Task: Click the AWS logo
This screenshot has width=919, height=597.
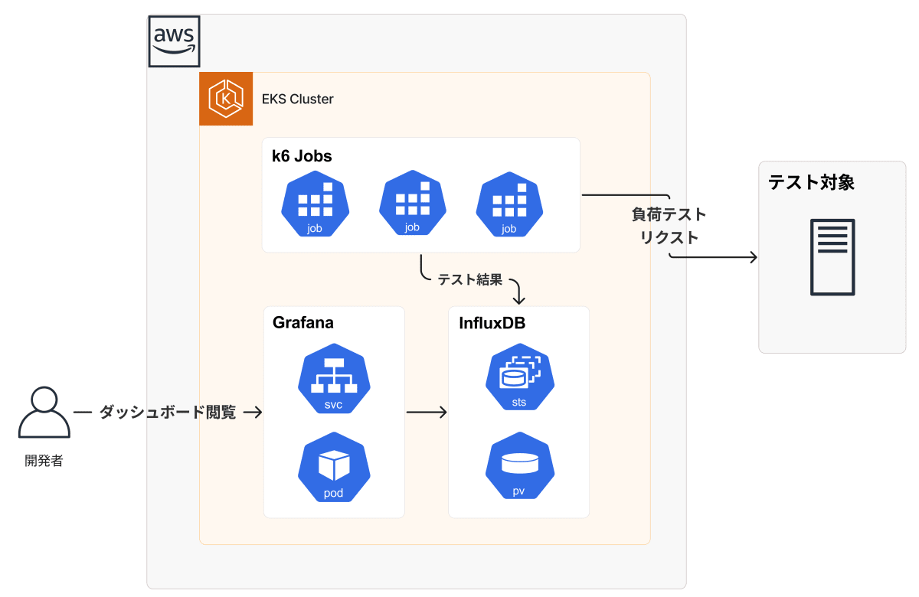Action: (174, 41)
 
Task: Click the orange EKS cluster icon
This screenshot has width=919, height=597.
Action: (226, 99)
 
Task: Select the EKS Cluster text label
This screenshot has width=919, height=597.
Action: (298, 99)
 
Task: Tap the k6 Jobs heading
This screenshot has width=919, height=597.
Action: (302, 156)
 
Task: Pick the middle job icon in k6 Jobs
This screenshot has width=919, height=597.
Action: (412, 203)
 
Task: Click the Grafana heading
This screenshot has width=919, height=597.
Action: (303, 323)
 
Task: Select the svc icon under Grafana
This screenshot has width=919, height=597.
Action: (333, 380)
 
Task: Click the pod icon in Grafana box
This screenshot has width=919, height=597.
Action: (333, 468)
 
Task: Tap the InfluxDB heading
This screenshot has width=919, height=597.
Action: (492, 323)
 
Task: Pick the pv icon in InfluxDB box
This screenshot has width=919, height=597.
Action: (518, 468)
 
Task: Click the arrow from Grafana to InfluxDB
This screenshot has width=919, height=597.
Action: (427, 413)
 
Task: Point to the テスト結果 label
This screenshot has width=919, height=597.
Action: (470, 280)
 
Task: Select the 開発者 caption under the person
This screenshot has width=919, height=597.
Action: (44, 461)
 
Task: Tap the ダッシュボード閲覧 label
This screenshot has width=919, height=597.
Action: (168, 413)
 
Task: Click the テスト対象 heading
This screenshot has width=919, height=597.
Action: (811, 183)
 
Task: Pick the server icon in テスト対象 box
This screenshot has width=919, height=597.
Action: (832, 257)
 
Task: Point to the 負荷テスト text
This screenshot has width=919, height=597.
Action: (669, 214)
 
